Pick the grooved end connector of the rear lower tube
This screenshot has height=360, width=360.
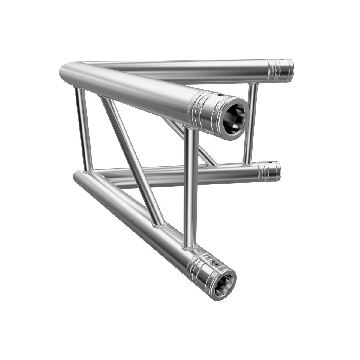coord(269,171)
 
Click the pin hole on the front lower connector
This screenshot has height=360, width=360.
coord(214,264)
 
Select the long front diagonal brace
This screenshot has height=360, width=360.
coord(132,160)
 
